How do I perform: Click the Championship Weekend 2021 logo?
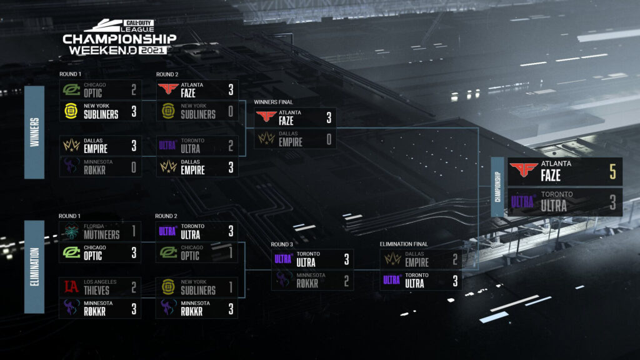(119, 37)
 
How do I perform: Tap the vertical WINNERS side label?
(34, 132)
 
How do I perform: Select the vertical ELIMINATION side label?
(34, 266)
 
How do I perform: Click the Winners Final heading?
(273, 102)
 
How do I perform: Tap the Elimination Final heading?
(403, 244)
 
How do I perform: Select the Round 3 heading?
(282, 244)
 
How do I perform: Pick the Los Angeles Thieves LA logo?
(71, 287)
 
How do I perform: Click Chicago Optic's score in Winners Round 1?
(133, 91)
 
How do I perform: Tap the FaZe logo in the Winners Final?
(266, 117)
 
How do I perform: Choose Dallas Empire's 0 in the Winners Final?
(328, 139)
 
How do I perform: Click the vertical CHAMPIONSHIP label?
(498, 187)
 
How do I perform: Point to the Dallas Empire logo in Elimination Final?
(392, 259)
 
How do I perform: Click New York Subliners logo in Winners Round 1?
(71, 111)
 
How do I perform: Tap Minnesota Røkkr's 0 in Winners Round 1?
(133, 167)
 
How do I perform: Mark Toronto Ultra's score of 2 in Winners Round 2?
(231, 146)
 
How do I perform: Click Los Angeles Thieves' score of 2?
(133, 287)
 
